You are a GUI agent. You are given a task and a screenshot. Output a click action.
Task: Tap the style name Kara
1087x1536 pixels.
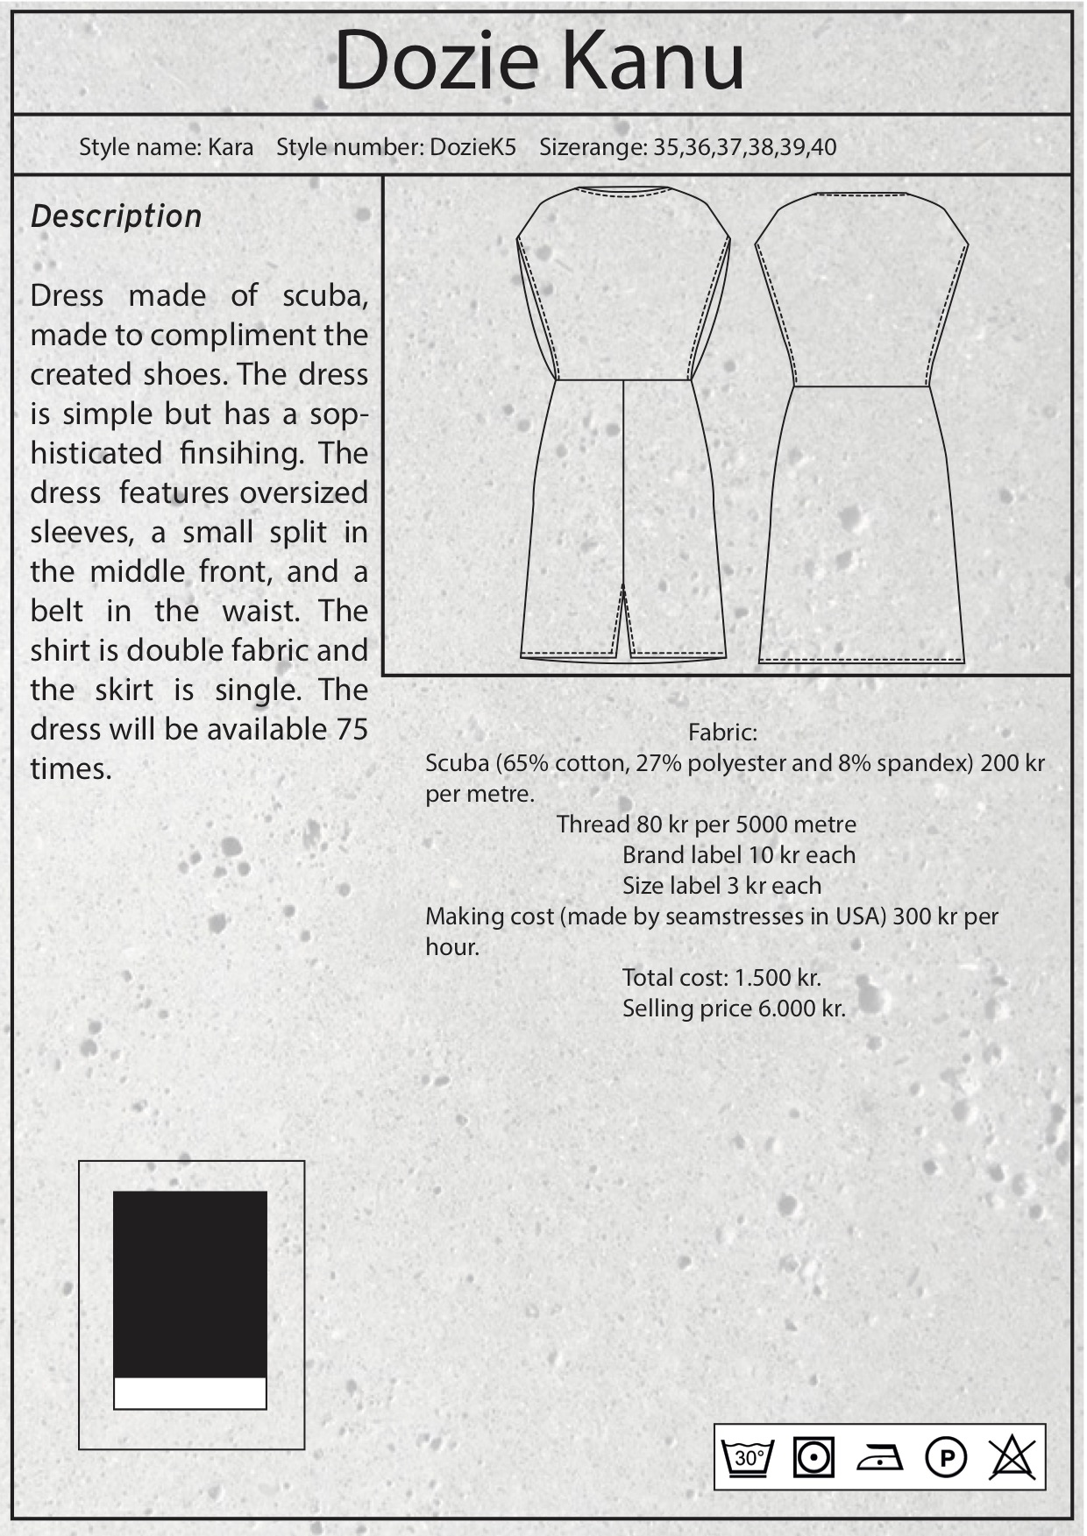tap(231, 146)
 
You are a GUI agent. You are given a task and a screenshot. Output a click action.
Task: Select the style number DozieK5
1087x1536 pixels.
tap(472, 146)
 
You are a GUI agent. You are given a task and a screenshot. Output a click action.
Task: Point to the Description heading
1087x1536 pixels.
tap(116, 216)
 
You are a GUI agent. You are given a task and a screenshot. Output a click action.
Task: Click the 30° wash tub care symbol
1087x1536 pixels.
tap(750, 1458)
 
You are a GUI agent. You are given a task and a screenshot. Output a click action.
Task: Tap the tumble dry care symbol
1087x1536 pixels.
tap(813, 1458)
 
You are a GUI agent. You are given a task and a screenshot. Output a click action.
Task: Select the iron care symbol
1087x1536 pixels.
tap(879, 1458)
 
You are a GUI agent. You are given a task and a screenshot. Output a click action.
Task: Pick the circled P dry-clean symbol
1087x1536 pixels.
tap(946, 1458)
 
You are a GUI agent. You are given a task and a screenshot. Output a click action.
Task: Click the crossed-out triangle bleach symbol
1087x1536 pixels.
tap(1012, 1458)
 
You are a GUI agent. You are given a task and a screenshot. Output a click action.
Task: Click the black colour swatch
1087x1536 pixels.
tap(189, 1284)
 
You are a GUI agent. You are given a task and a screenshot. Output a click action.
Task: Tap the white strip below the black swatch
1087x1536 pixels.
tap(189, 1393)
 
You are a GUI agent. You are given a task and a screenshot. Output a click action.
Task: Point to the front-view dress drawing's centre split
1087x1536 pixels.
tap(623, 613)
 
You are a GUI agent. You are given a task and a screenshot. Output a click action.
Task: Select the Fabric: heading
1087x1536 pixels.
tap(722, 732)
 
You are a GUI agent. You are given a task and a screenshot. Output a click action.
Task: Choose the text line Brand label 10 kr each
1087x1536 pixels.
tap(738, 855)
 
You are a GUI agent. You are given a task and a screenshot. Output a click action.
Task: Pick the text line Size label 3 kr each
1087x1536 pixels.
tap(721, 886)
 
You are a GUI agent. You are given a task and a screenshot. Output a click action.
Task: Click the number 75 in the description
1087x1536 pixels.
tap(352, 729)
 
